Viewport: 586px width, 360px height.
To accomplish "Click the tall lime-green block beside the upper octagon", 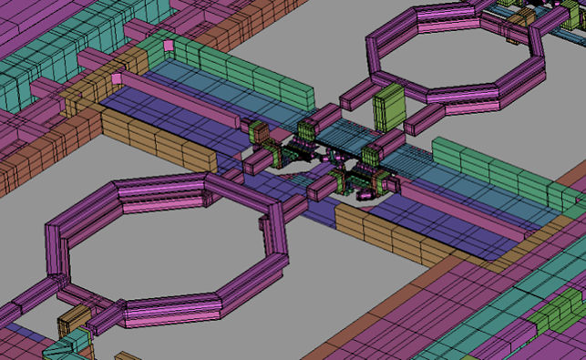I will coord(387,108).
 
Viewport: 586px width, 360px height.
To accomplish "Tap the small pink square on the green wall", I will coord(169,45).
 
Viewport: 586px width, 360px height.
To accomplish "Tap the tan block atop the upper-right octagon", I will coord(521,17).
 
